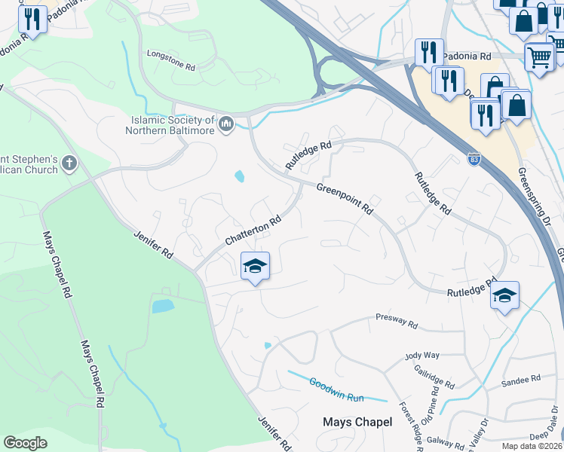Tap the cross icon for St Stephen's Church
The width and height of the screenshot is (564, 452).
pos(69,163)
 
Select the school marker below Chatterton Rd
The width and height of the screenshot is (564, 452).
pos(255,266)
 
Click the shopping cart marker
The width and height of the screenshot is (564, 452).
pos(539,56)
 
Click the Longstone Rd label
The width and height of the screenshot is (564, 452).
pos(170,67)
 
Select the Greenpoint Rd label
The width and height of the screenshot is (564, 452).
pos(345,197)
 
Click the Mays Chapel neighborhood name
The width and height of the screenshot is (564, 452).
pos(357,422)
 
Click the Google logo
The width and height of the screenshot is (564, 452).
pos(25,443)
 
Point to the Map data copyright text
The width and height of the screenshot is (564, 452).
pos(532,446)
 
